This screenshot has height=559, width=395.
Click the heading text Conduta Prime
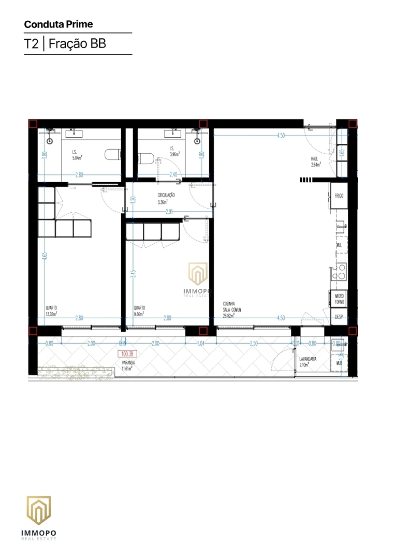(58, 24)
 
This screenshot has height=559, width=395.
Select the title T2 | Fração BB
(65, 43)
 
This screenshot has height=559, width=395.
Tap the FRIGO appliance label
(339, 196)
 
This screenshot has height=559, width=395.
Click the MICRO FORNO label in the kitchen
(339, 299)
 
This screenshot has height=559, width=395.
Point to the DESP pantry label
(339, 317)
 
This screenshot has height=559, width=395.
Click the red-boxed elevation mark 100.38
(127, 354)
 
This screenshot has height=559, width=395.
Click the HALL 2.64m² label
(315, 162)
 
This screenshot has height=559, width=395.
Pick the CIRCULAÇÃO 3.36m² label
(166, 199)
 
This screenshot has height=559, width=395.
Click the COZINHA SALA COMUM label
(232, 310)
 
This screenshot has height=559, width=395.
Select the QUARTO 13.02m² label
(51, 311)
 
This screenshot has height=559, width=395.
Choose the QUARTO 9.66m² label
(139, 311)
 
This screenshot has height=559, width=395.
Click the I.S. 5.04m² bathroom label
(77, 155)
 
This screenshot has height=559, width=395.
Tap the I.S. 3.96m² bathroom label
(174, 151)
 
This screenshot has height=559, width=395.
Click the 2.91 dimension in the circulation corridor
(169, 212)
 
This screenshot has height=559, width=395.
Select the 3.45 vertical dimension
(133, 274)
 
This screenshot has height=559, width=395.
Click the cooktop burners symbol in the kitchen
(341, 271)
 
